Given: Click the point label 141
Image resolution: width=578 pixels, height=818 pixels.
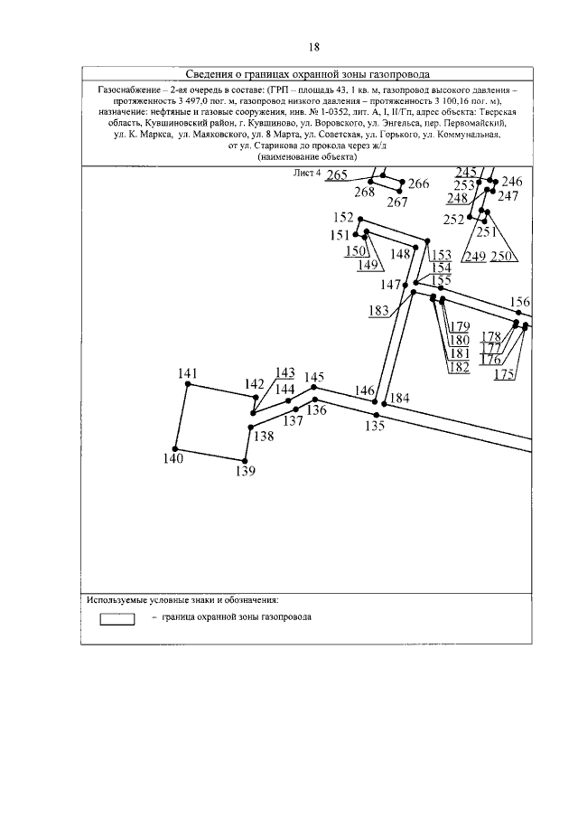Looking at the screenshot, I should tap(188, 373).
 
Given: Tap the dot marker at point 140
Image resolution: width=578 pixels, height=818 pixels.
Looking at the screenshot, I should tap(175, 448).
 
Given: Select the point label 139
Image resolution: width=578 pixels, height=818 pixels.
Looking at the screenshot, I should tap(245, 471).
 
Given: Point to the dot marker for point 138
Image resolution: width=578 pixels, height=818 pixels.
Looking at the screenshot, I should tap(250, 427).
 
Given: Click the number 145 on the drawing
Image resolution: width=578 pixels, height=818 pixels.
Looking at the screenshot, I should tap(314, 377).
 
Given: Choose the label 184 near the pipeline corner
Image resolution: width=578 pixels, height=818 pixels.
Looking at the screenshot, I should tap(399, 399).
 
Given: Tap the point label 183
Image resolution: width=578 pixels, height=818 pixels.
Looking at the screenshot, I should tap(379, 310).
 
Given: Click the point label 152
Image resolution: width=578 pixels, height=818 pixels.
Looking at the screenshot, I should tap(343, 217).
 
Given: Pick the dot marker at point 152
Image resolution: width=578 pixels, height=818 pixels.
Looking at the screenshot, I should tap(360, 219).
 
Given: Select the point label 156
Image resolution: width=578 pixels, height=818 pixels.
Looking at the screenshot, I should tap(520, 302).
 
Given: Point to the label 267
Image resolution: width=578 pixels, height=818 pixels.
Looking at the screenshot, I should tap(398, 202).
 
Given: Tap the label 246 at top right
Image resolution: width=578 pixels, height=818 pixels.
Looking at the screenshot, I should tap(511, 181).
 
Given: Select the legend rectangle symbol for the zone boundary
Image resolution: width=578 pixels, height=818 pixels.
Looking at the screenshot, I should tap(117, 618).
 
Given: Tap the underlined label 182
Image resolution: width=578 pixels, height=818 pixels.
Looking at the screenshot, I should tap(459, 367).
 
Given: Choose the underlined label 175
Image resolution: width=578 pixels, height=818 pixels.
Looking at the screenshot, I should tap(505, 373).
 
